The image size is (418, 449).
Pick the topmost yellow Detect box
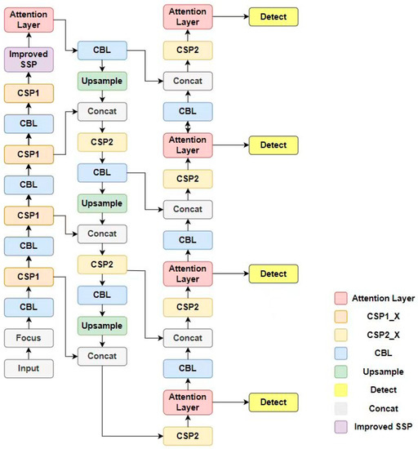click(x=273, y=16)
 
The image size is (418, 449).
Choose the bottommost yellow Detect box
click(x=273, y=402)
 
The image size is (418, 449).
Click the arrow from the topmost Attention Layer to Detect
click(x=230, y=16)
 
